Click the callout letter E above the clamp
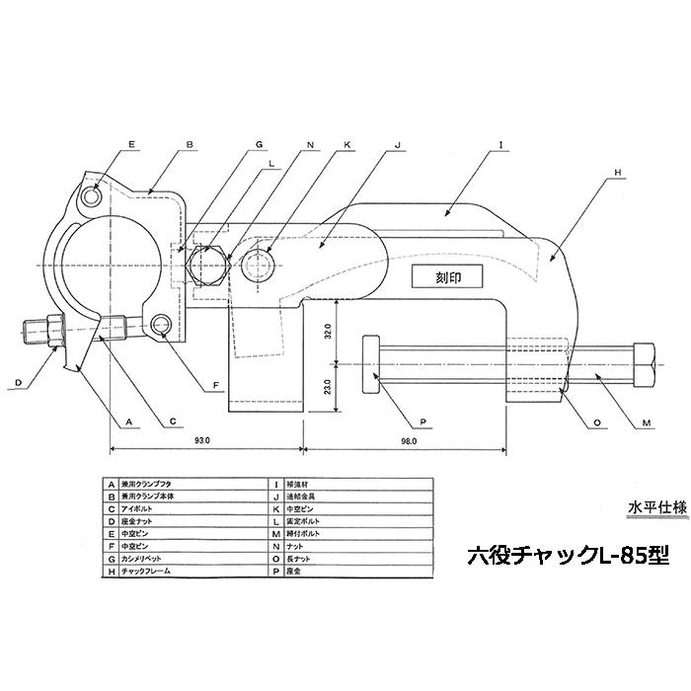tap(131, 144)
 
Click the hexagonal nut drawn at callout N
tap(209, 266)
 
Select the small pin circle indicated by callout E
tap(94, 197)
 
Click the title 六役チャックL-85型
tap(555, 556)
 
